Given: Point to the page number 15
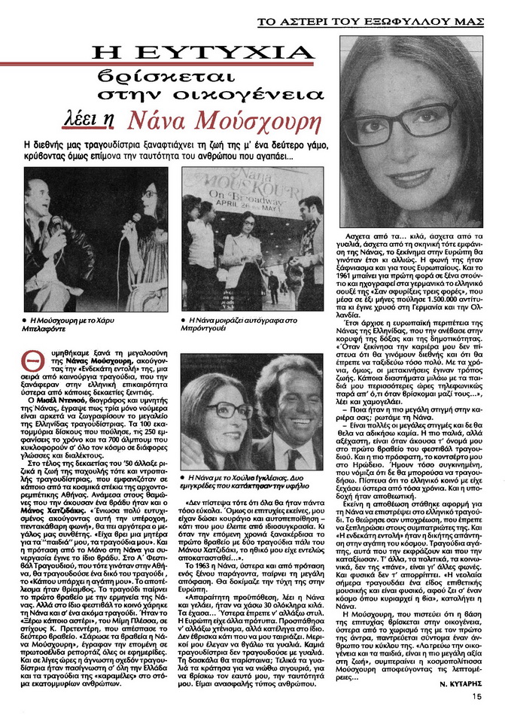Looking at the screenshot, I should click(x=477, y=697).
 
